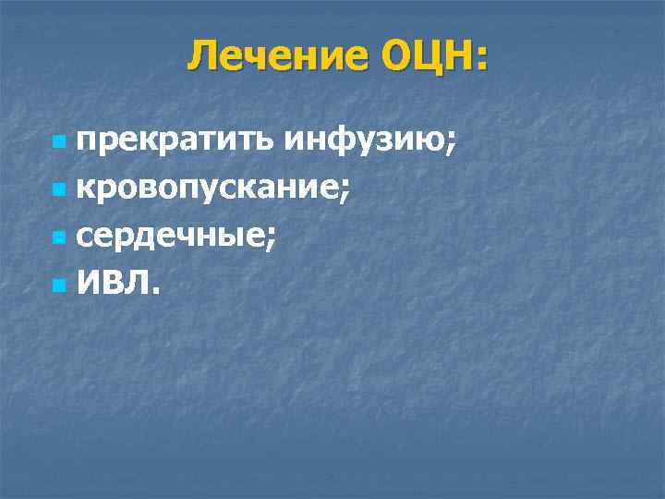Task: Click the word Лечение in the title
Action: pyautogui.click(x=267, y=57)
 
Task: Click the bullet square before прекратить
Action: pyautogui.click(x=60, y=143)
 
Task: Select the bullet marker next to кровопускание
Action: pyautogui.click(x=60, y=191)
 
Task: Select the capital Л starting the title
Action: pyautogui.click(x=201, y=57)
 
